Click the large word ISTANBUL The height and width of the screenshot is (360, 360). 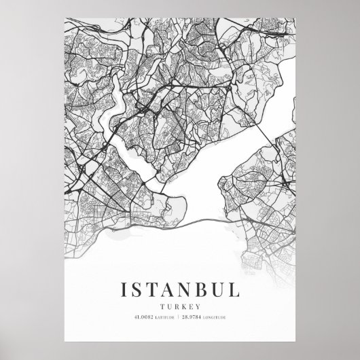pos(180,271)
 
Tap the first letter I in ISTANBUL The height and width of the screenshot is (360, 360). pos(124,271)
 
